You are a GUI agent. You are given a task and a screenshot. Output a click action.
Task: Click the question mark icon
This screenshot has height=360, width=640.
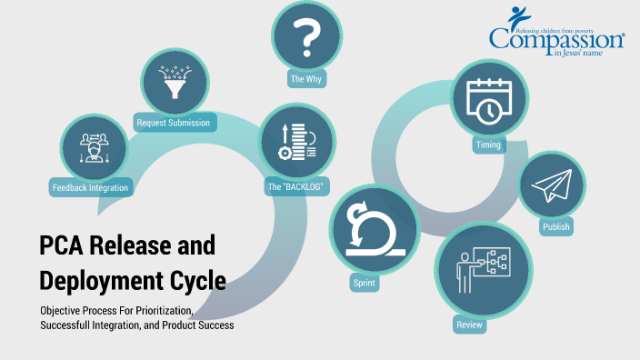[x=307, y=37]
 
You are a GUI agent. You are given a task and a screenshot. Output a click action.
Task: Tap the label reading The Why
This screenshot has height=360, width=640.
[x=307, y=79]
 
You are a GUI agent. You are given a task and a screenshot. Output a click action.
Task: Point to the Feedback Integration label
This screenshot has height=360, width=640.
[x=90, y=187]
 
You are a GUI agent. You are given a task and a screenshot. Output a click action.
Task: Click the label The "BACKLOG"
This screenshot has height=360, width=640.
[x=296, y=186]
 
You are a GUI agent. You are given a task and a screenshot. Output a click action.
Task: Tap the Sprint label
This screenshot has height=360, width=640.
[x=364, y=284]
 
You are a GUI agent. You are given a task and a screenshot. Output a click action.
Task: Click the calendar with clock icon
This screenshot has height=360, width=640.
[x=487, y=99]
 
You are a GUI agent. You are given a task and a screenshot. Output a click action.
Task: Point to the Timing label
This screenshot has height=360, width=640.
[x=487, y=145]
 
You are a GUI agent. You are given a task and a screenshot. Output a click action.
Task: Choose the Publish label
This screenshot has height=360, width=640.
[x=555, y=227]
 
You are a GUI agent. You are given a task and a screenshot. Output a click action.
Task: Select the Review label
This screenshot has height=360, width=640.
[x=465, y=324]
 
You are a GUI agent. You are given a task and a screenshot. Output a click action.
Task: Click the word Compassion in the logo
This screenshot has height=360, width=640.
[x=555, y=39]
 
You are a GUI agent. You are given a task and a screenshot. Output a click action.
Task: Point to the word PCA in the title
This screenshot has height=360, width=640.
[x=66, y=245]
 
